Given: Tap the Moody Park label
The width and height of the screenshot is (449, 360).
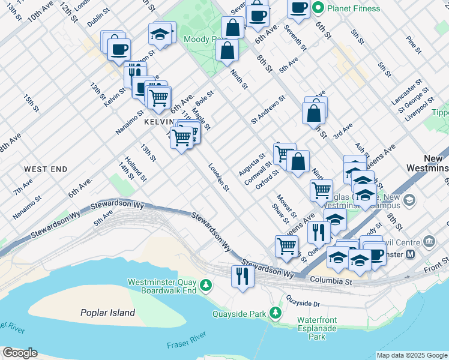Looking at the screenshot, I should (200, 40).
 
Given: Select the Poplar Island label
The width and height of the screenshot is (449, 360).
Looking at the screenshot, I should (107, 313).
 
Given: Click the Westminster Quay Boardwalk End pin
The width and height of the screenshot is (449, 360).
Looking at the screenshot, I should (206, 284).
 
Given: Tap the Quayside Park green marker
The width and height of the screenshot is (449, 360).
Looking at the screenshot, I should (276, 313).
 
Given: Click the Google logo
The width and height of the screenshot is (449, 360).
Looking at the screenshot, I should (20, 353).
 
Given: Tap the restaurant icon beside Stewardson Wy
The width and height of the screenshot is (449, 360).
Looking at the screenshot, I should (243, 276).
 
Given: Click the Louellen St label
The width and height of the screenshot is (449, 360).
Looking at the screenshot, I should (219, 177).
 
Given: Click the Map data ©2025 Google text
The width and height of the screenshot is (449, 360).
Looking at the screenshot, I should (412, 355).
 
